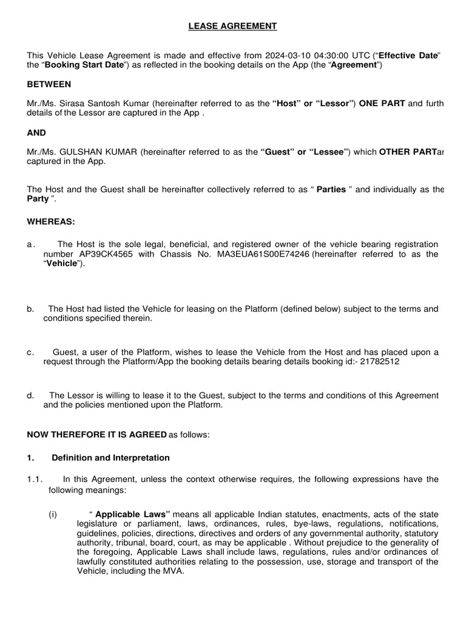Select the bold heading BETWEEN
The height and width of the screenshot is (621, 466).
pos(49,84)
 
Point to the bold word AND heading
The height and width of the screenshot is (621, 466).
pos(36,132)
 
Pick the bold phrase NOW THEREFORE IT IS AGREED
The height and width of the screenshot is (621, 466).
pos(96,434)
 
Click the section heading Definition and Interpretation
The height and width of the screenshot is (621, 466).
pos(110,458)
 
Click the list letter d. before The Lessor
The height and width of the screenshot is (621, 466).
pos(30,395)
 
